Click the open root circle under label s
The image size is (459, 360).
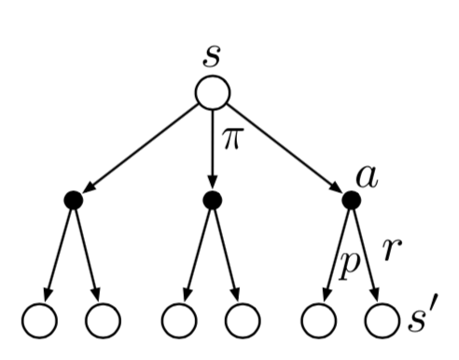pos(213,92)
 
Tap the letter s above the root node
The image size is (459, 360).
pos(213,53)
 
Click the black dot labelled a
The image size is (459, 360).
pos(352,200)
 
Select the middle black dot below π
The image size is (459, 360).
pos(213,200)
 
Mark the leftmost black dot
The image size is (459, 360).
pos(74,200)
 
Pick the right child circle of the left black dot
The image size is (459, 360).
pos(104,321)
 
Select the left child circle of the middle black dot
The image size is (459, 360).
pos(180,321)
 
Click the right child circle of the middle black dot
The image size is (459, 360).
pos(242,321)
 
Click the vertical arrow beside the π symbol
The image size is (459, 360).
pos(213,149)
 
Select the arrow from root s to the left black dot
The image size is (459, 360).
pos(140,149)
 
